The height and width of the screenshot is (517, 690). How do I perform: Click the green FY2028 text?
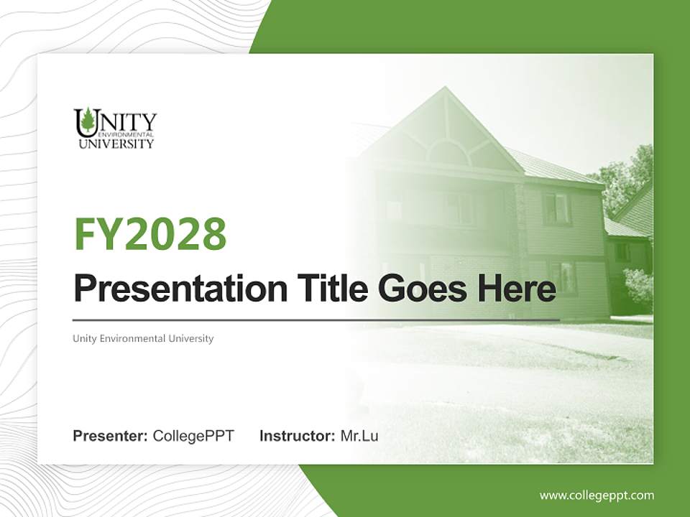150,235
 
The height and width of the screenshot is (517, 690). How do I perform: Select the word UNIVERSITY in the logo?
116,144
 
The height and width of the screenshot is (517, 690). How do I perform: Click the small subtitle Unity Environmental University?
143,338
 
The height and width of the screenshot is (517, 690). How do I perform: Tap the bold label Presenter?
110,436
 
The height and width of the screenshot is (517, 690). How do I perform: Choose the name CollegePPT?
193,436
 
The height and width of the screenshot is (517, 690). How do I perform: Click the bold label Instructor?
297,436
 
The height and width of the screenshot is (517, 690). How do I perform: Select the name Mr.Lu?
359,436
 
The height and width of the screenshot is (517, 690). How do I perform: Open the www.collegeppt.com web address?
597,495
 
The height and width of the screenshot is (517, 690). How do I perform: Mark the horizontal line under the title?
316,320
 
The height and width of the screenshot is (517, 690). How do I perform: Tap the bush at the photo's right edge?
639,287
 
